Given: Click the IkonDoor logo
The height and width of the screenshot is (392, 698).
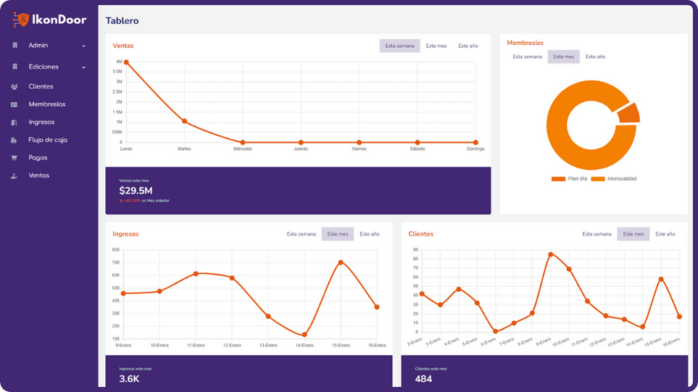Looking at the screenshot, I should pos(49,20).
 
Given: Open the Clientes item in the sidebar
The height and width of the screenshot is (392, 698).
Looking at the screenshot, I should pos(41,86).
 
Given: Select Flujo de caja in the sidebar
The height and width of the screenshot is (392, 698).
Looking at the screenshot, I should pos(48,140).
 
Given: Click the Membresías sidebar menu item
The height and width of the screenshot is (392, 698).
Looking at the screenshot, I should pos(47,104).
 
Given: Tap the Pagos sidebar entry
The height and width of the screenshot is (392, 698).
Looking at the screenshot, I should pos(38,157).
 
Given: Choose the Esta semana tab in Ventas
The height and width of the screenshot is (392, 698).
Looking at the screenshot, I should pos(399,46).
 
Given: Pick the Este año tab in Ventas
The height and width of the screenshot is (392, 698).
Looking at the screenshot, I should pos(468,46).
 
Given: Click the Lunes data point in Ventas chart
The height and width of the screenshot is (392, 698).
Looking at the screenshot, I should pos(126,62).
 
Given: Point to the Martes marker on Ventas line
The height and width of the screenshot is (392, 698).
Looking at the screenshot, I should pos(185,121).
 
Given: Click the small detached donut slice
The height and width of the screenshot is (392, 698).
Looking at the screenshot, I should pos(629,113).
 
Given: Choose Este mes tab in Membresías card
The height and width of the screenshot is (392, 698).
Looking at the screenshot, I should pos(563,57).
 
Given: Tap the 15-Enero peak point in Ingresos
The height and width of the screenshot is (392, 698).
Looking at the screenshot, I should pos(341,262).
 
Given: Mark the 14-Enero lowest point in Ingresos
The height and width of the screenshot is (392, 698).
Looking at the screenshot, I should pos(304,335).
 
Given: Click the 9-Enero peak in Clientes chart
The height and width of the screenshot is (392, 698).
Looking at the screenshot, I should pos(551,254).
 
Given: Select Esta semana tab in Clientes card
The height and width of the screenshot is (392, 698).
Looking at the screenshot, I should pos(597,234).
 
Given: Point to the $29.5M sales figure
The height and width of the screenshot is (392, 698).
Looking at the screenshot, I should pos(136,191).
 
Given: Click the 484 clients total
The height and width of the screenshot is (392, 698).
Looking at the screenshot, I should pos(423,379).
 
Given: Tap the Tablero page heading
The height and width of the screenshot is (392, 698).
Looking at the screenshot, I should pos(122,21).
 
